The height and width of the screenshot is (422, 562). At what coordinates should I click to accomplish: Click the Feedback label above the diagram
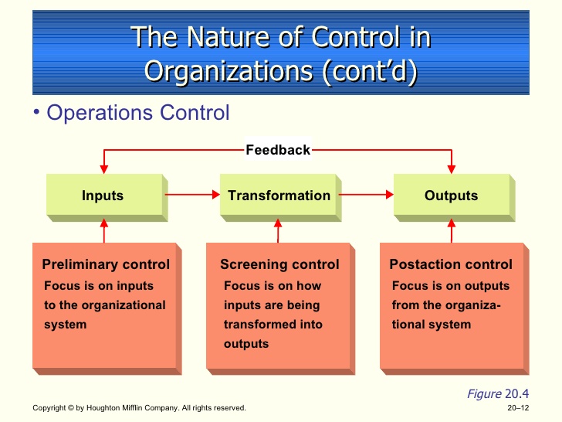[x=278, y=150]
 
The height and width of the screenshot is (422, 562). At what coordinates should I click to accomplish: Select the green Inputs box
[x=107, y=198]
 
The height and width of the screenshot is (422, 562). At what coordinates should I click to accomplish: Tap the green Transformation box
[x=281, y=198]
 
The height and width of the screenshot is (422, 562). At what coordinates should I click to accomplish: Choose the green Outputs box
[x=454, y=198]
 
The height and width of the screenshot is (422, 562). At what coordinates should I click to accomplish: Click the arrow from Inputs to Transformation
[x=192, y=195]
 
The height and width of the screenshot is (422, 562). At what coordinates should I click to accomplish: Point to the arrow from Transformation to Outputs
[x=366, y=195]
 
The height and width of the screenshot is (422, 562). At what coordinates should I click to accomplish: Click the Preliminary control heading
[x=106, y=264]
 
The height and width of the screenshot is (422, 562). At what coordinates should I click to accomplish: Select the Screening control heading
[x=279, y=264]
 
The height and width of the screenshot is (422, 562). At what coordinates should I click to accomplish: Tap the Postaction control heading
[x=451, y=264]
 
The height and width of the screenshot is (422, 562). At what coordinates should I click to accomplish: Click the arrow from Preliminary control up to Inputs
[x=104, y=231]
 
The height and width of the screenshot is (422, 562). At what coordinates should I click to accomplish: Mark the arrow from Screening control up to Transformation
[x=278, y=231]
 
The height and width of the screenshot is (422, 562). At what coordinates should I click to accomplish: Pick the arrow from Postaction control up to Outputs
[x=452, y=231]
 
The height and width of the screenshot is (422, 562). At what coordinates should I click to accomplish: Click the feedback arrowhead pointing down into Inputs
[x=104, y=169]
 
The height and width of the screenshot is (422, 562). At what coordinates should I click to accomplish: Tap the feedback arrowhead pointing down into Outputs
[x=452, y=169]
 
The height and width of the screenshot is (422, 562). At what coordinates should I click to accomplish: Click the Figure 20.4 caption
[x=498, y=394]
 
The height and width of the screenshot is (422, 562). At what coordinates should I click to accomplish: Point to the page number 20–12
[x=518, y=408]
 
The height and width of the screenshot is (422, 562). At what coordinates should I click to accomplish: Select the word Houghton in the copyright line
[x=103, y=408]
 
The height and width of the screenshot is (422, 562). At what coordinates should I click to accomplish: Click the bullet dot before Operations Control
[x=36, y=112]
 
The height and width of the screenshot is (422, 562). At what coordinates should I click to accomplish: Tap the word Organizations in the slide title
[x=229, y=70]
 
